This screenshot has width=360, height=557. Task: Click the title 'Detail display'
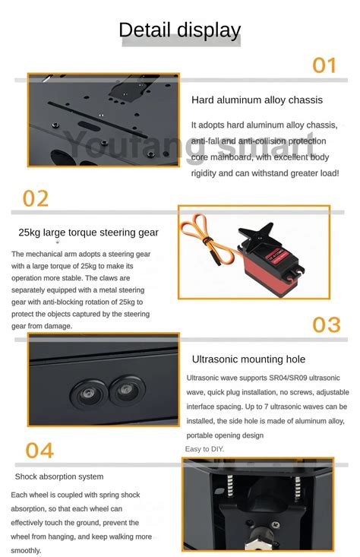(x=179, y=30)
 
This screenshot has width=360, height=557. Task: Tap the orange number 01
(x=324, y=65)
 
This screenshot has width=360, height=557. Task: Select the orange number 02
(x=36, y=198)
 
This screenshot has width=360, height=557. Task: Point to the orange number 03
(x=327, y=324)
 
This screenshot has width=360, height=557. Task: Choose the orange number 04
(x=39, y=450)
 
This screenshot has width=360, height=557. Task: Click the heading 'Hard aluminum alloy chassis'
(x=257, y=100)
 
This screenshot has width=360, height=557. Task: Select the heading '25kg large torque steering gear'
(x=89, y=233)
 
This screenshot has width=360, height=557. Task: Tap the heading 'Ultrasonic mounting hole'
(x=248, y=359)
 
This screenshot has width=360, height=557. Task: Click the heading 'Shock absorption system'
(x=59, y=476)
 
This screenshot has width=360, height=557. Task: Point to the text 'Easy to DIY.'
(x=205, y=449)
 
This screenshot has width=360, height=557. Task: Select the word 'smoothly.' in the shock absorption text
(x=27, y=550)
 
